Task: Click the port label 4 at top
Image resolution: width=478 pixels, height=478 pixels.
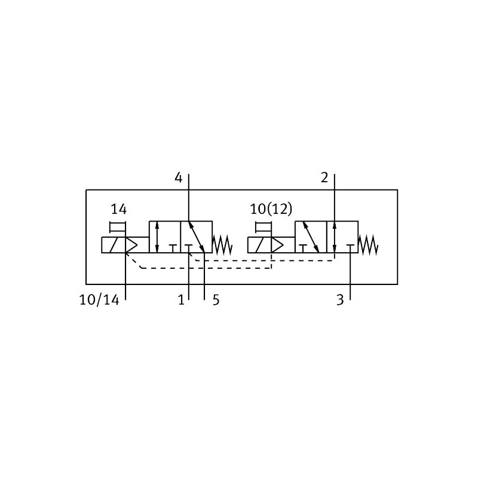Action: tap(178, 177)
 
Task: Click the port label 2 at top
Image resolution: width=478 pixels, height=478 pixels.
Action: tap(324, 177)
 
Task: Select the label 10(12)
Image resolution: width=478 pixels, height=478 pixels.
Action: tap(271, 209)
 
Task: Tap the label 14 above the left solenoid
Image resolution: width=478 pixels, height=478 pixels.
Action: tap(118, 209)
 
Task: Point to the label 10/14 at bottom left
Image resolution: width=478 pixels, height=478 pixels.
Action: tap(99, 301)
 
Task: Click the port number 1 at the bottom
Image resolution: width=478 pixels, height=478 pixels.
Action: tap(182, 301)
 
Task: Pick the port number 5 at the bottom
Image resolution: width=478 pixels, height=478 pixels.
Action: tap(216, 301)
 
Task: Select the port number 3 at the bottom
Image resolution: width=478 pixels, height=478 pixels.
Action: tap(340, 301)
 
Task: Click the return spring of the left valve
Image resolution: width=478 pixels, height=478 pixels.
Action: tap(222, 245)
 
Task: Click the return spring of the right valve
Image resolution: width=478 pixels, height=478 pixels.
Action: tap(368, 245)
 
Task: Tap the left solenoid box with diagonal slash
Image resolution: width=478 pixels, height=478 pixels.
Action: tap(114, 245)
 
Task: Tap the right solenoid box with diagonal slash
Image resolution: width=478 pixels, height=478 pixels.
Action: tap(259, 245)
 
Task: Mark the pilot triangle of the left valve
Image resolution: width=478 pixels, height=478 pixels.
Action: tap(131, 245)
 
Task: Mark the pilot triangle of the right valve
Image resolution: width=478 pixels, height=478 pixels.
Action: tap(277, 245)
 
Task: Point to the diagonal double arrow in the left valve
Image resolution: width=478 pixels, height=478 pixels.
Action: tap(197, 237)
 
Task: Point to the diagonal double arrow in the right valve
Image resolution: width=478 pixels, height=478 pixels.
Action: tap(311, 237)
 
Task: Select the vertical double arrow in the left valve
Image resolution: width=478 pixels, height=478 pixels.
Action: tap(157, 237)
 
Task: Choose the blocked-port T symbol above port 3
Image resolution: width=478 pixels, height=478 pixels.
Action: tap(350, 248)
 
